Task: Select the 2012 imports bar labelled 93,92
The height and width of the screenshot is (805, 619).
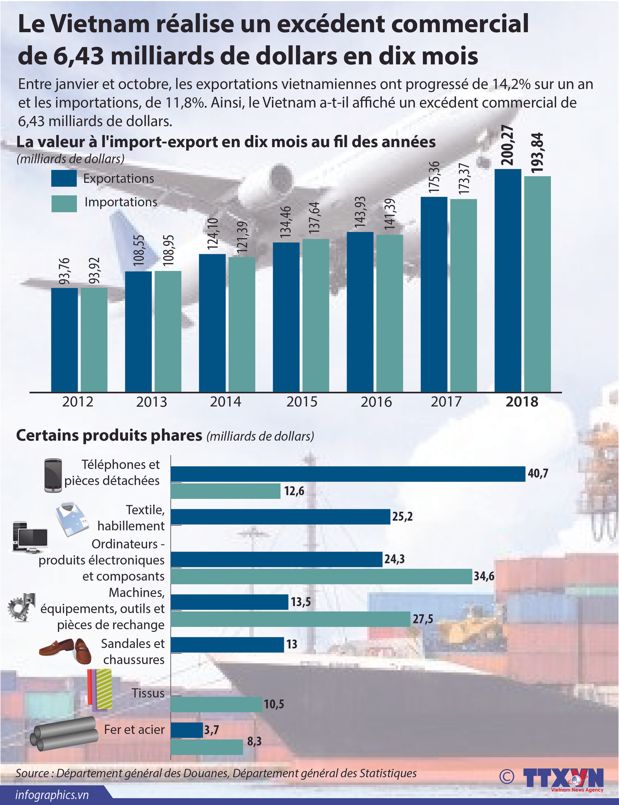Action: tap(94, 339)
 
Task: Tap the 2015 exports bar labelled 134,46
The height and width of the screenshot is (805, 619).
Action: tap(286, 317)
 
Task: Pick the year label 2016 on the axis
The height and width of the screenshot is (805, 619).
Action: tap(376, 402)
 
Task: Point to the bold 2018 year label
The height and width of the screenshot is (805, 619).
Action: tap(522, 402)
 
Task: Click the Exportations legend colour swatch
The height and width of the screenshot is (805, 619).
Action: tap(64, 179)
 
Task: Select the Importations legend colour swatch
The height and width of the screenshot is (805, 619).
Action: tap(64, 203)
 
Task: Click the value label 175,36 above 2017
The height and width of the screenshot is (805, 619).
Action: tap(434, 177)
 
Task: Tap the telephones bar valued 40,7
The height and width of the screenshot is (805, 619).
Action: tap(348, 474)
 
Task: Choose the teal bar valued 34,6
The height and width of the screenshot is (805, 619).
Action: tap(321, 576)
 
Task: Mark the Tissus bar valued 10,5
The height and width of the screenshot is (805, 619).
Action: tap(216, 704)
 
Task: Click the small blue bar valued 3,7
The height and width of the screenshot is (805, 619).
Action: tap(187, 730)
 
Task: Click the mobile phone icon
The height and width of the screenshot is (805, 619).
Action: tap(53, 475)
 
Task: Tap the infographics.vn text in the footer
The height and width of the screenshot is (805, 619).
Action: tap(52, 795)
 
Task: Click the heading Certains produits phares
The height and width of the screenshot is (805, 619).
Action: tap(109, 435)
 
